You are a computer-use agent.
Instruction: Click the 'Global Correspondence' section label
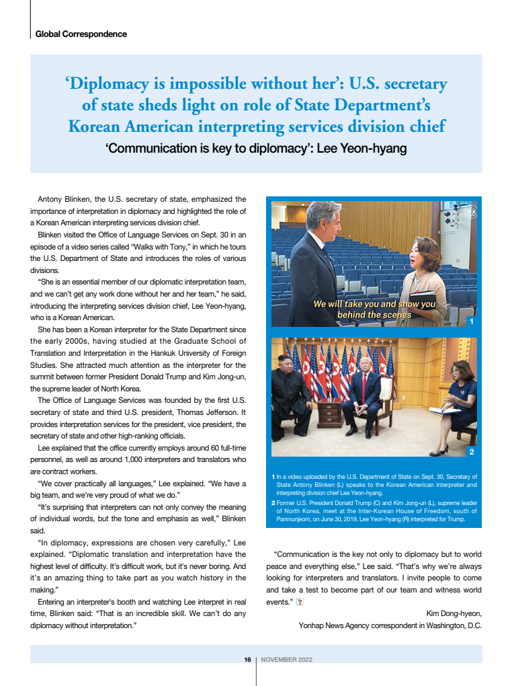pos(81,34)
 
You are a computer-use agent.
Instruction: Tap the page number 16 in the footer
pos(247,660)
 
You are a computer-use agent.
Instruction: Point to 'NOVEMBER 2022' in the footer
pos(286,660)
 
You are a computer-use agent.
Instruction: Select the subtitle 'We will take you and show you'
pos(374,304)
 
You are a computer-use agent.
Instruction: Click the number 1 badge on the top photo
pos(472,322)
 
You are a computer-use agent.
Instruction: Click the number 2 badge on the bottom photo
pos(472,451)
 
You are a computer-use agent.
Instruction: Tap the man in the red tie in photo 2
pos(364,397)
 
